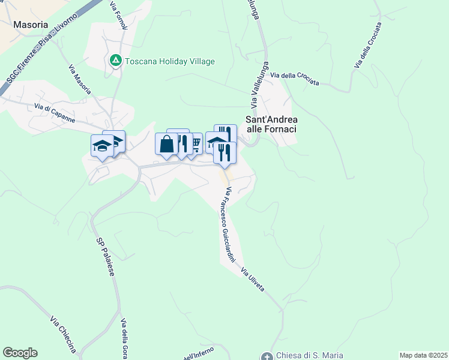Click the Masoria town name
coord(30,26)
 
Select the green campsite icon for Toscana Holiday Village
coord(115,61)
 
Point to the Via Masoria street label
coord(80,79)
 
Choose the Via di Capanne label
coord(55,112)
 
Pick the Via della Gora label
coord(124,339)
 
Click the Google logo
coord(20,353)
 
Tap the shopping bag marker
coord(166,145)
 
